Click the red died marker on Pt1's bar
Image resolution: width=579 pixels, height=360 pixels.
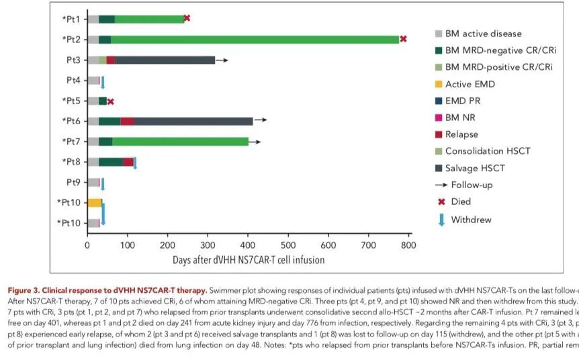click(x=187, y=18)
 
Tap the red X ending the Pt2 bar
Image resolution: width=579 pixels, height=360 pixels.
click(x=403, y=39)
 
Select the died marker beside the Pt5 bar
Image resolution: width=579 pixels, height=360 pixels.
click(x=111, y=101)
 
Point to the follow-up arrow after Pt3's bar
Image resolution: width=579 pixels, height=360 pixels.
click(x=222, y=60)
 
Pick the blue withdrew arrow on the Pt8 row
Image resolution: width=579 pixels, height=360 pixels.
click(x=135, y=163)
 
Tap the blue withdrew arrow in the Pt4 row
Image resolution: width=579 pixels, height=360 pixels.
click(x=103, y=82)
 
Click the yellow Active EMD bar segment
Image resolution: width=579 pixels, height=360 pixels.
click(x=95, y=203)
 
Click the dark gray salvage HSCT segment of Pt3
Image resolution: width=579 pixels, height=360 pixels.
click(x=165, y=60)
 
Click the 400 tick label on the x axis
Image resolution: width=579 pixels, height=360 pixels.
click(x=248, y=246)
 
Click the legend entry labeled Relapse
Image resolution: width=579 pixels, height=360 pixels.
click(x=462, y=134)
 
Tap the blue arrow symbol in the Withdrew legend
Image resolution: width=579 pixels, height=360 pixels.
click(x=441, y=220)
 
